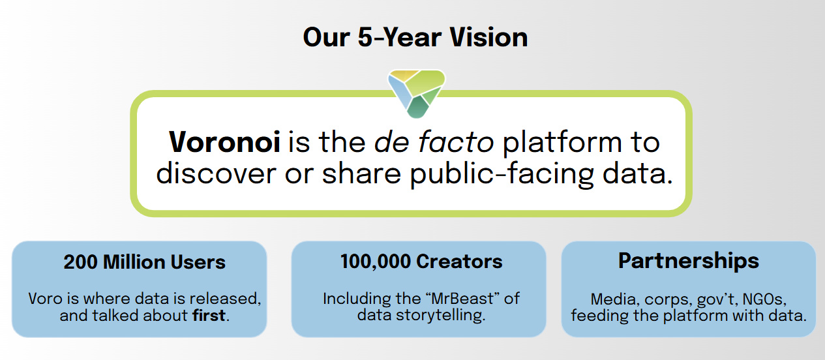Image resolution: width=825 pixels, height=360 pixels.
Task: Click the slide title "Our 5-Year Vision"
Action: point(415,38)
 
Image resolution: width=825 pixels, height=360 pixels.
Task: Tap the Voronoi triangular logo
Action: point(417,94)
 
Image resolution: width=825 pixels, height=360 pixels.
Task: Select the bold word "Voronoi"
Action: point(224,142)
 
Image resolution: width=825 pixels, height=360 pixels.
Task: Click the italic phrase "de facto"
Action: point(434,142)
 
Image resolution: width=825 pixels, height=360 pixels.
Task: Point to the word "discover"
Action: point(216,173)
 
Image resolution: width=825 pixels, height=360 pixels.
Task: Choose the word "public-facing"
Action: point(502,175)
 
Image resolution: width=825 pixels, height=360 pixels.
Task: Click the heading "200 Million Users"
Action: point(144,262)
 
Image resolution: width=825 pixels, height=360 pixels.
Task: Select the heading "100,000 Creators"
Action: point(421,262)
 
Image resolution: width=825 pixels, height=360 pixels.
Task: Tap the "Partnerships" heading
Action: point(688,262)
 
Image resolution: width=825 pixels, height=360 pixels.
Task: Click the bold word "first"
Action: point(209,316)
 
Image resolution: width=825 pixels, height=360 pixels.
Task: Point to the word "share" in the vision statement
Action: point(361,173)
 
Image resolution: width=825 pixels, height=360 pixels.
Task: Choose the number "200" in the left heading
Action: point(81,262)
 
